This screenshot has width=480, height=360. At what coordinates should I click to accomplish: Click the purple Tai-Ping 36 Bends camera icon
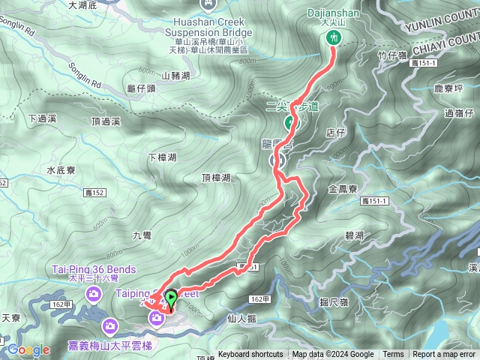(94, 290)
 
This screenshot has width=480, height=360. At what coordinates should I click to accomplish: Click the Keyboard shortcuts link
(250, 355)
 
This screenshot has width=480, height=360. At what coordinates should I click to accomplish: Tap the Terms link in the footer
(393, 355)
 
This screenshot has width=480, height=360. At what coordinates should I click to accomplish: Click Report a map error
(444, 355)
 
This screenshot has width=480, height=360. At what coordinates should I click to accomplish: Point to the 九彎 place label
(142, 235)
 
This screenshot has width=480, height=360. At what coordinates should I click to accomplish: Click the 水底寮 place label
(61, 170)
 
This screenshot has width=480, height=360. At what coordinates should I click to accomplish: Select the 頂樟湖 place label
(216, 178)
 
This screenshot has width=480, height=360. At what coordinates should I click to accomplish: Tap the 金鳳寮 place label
(341, 190)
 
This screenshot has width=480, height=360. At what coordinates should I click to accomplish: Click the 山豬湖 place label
(175, 76)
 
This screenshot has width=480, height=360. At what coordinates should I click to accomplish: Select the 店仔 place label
(335, 132)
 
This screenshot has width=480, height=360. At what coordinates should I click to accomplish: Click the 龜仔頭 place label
(142, 88)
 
